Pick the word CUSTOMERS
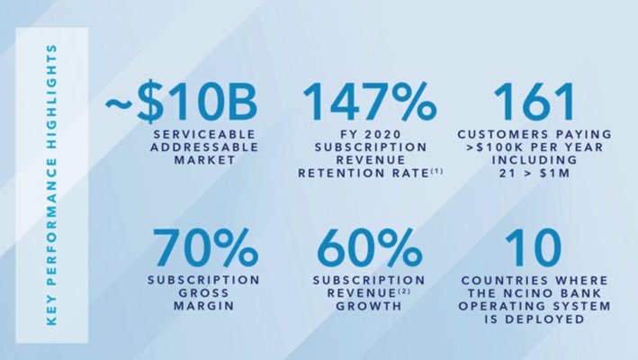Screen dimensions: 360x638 tap(509, 134)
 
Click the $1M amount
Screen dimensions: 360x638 tap(562, 173)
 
